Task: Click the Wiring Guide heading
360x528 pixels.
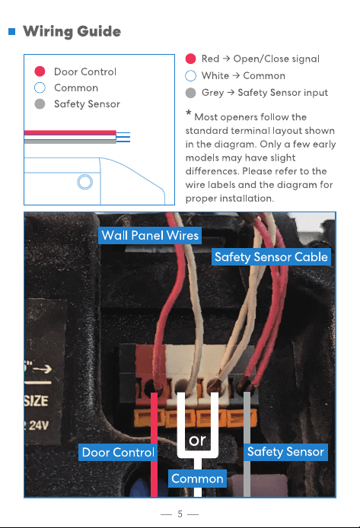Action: click(x=72, y=31)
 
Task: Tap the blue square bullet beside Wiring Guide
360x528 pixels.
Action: click(x=11, y=32)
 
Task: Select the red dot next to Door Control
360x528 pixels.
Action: click(x=40, y=72)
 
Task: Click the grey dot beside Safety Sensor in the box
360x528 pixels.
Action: click(x=40, y=103)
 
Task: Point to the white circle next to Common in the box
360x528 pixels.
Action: click(x=40, y=87)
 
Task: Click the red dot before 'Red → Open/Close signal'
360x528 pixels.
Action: click(x=190, y=59)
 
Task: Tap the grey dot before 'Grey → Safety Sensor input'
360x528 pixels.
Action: click(x=190, y=93)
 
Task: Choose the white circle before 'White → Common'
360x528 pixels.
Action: click(x=190, y=76)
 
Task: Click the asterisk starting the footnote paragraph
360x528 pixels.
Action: click(x=189, y=113)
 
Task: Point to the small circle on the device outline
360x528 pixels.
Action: click(x=85, y=182)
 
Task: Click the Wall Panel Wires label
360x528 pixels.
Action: click(x=150, y=235)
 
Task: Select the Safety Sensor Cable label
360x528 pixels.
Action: click(x=271, y=257)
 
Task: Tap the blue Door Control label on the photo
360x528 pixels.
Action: click(x=118, y=452)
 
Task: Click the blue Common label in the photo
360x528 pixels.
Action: click(x=197, y=479)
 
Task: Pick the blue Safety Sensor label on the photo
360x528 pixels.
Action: click(x=285, y=452)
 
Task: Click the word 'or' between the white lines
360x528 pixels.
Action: click(x=197, y=440)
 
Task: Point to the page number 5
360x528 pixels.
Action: click(x=180, y=514)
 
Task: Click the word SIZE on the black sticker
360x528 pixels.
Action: click(x=37, y=401)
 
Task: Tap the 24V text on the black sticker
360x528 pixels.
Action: click(x=38, y=425)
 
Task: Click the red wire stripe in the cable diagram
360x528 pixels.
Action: click(x=70, y=132)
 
